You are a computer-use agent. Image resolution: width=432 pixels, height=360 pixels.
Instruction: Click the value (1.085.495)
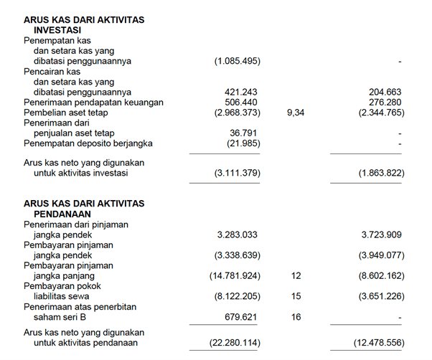[x=238, y=62]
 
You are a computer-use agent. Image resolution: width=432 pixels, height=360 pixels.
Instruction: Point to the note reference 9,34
[x=295, y=113]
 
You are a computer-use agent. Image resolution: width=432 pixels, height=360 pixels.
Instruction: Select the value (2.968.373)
[x=238, y=113]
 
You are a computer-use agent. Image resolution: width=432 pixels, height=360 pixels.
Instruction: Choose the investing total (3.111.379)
[x=238, y=174]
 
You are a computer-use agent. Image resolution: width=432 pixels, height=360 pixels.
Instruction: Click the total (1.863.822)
[x=380, y=174]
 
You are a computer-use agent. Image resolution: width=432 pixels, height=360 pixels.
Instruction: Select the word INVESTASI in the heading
[x=62, y=31]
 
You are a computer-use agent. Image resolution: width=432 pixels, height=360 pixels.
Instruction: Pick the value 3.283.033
[x=238, y=235]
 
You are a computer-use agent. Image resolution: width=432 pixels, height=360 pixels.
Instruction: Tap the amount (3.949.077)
[x=380, y=255]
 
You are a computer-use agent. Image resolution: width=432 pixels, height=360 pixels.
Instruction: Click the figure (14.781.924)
[x=235, y=275]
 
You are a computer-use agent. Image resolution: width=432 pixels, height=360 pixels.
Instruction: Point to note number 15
[x=296, y=295]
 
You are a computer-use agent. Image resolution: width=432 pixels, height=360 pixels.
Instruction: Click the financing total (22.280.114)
[x=235, y=344]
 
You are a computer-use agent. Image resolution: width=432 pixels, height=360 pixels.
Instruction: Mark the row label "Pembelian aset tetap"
[x=66, y=113]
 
